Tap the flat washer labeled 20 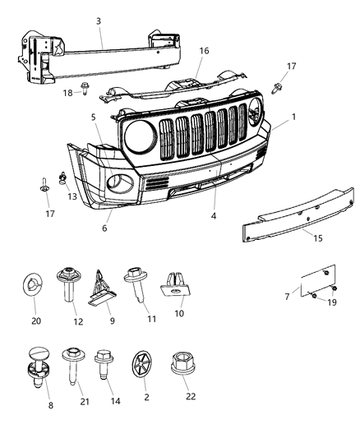(35, 287)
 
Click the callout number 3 (99, 21)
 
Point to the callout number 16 (204, 51)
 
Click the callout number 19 (331, 303)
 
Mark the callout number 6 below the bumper (104, 228)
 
